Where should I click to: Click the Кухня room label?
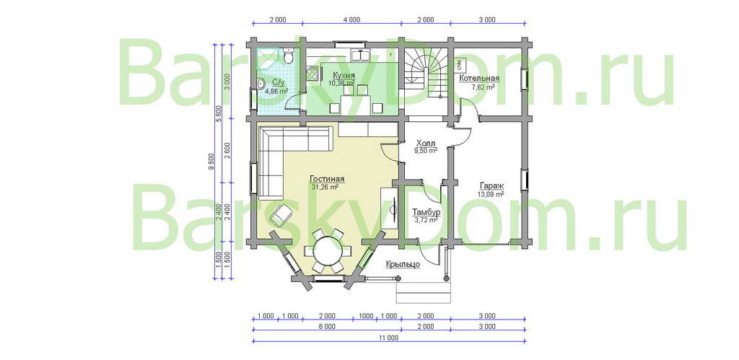tap(344, 76)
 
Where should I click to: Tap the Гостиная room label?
tap(327, 179)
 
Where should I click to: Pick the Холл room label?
tap(426, 143)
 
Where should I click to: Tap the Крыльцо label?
tap(403, 264)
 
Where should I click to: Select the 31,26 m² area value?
tap(325, 187)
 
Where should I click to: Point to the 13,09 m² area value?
tap(491, 193)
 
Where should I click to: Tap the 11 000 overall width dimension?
tap(388, 338)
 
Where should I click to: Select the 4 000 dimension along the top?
tap(351, 19)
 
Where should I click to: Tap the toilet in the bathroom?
tap(289, 56)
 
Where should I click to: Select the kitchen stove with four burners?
tap(312, 73)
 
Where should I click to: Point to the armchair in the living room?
tap(281, 215)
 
